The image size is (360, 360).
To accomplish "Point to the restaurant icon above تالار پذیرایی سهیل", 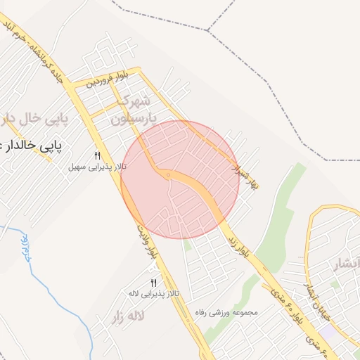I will (98, 155).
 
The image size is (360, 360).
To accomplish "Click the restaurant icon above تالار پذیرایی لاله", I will (153, 282).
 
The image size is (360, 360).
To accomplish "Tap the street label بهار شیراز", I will (245, 169).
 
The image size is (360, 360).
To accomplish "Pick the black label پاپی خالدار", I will (32, 146).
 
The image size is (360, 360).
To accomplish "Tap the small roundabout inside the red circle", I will (169, 174).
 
